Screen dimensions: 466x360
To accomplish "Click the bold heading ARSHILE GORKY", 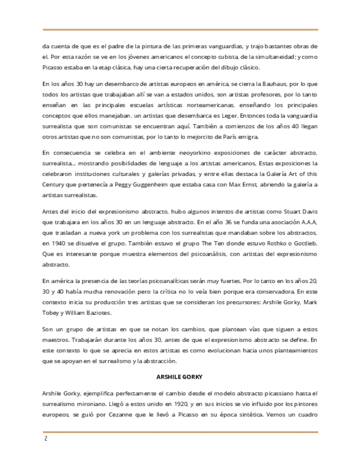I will [180, 379].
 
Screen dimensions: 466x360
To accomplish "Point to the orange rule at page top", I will [180, 30].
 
